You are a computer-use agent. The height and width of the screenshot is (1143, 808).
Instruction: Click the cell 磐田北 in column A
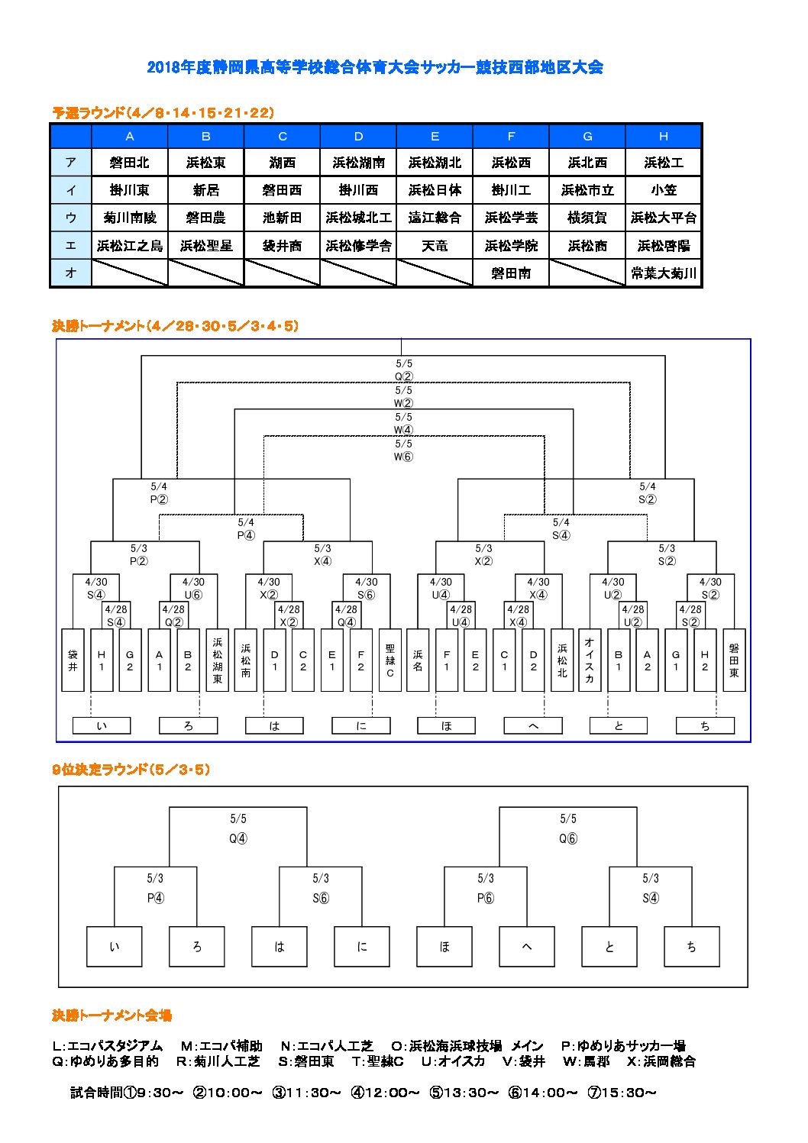point(130,163)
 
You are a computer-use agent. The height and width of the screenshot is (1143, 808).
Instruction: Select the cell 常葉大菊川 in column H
point(663,273)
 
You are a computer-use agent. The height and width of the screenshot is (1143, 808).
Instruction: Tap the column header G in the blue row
point(587,136)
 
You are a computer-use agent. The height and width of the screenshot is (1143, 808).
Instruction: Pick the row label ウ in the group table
point(71,218)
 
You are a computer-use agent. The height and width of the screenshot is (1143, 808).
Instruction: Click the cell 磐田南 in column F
point(511,273)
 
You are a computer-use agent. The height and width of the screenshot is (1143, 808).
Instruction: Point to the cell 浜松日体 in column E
point(435,190)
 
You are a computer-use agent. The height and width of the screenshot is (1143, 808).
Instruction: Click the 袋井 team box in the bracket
point(73,660)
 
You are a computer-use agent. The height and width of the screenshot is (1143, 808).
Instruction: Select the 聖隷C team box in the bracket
point(390,660)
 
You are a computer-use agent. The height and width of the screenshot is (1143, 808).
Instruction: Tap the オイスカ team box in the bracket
point(590,660)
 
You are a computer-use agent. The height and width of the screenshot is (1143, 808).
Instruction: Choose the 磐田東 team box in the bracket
point(734,660)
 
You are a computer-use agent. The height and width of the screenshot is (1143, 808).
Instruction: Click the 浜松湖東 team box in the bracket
point(217,660)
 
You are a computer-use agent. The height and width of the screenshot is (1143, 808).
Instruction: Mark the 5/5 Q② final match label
point(404,370)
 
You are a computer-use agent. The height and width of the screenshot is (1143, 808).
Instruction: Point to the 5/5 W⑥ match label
point(403,450)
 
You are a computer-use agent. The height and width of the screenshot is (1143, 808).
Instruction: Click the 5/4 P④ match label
point(245,528)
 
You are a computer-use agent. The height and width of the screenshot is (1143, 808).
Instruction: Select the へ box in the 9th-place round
point(526,947)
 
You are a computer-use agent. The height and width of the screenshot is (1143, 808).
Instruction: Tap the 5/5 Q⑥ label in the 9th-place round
point(567,828)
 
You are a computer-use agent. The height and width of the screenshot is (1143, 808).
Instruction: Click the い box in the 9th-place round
point(115,947)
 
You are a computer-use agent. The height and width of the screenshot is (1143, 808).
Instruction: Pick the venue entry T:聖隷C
point(378,1061)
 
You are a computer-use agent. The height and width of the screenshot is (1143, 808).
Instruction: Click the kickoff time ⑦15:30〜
point(622,1093)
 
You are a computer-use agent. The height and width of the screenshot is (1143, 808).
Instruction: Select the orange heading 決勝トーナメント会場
point(112,1015)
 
